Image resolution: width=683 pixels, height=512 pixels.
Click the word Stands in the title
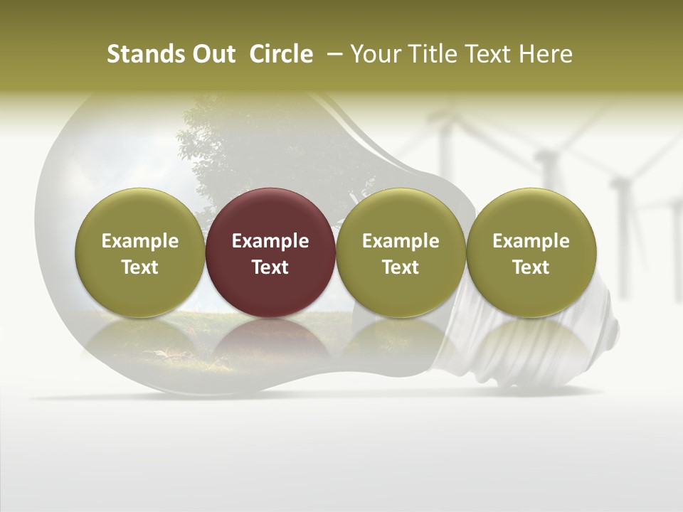[x=139, y=54]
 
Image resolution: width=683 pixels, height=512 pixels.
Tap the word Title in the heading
[x=430, y=54]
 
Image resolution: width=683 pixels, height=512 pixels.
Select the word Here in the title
[x=546, y=54]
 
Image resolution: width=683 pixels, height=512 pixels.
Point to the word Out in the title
[x=213, y=54]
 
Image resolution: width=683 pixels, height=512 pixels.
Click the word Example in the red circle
[x=270, y=241]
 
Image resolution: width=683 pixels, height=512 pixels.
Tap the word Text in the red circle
[x=270, y=267]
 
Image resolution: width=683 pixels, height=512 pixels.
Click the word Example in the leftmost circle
[x=140, y=241]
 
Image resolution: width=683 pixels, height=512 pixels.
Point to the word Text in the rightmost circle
[x=531, y=267]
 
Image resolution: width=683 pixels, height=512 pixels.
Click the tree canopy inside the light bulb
[x=235, y=149]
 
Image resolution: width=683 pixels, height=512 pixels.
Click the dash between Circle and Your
[x=332, y=54]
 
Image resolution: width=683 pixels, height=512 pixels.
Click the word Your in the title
[x=374, y=54]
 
